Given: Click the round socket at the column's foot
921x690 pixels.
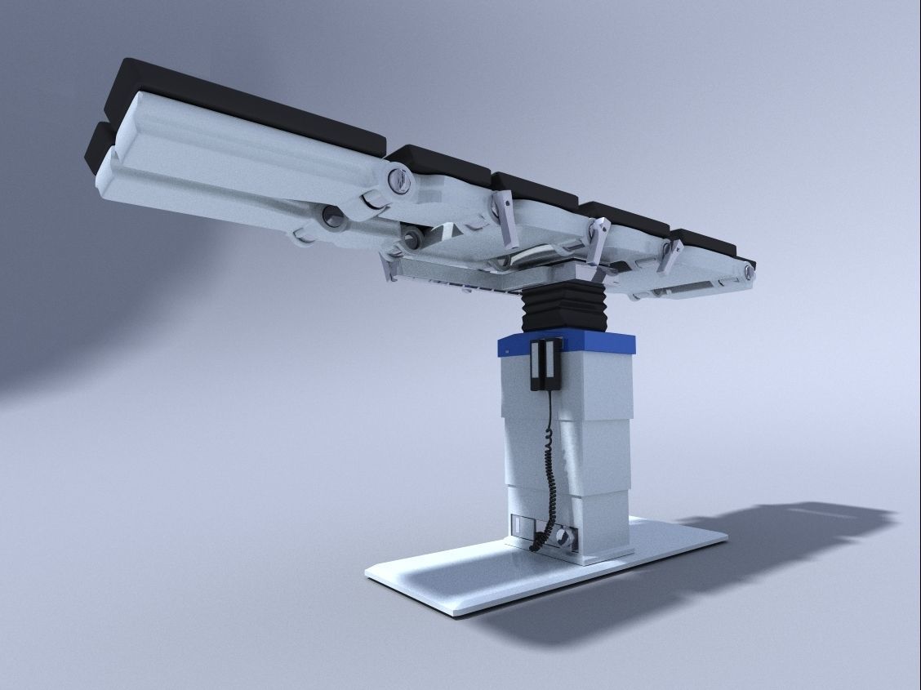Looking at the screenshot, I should (563, 539).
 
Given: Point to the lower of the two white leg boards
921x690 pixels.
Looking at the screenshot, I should (204, 196).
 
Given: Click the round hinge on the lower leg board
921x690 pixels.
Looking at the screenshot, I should (332, 216).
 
